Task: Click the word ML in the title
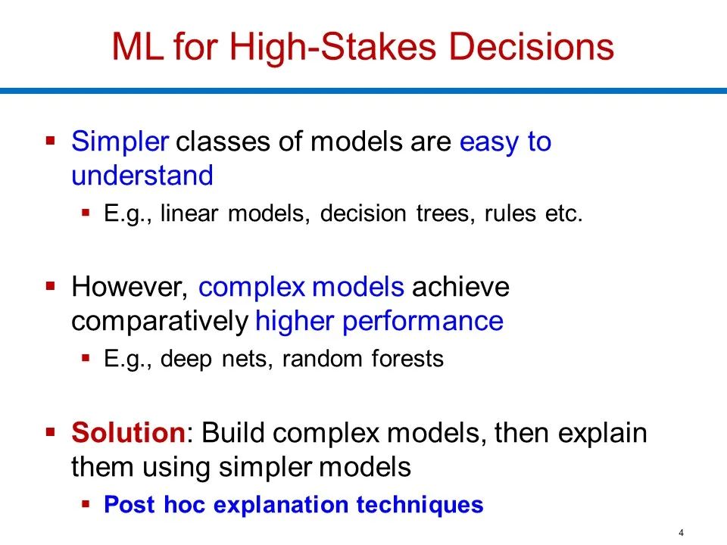click(138, 46)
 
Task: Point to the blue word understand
click(142, 176)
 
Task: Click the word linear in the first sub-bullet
click(189, 213)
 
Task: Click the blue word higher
click(295, 322)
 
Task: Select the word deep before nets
click(186, 360)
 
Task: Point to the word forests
click(407, 359)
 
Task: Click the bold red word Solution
click(129, 432)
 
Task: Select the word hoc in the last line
click(184, 504)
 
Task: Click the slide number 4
click(681, 533)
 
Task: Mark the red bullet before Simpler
click(51, 140)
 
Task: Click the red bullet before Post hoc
click(86, 504)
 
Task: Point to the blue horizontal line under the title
click(363, 91)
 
